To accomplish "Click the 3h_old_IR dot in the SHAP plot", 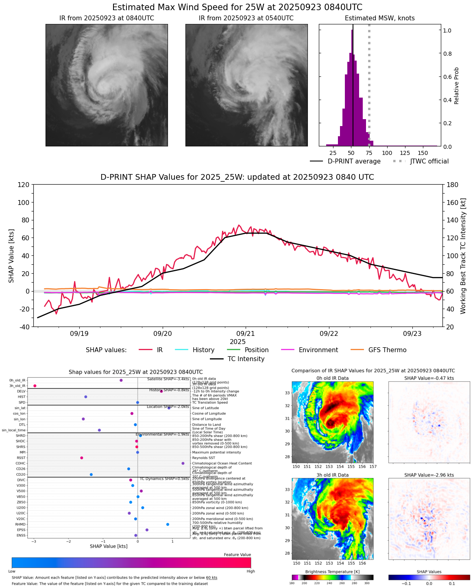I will [35, 385].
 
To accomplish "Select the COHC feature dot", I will [183, 463].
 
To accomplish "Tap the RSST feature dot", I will [81, 458].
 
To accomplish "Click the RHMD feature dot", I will [168, 524].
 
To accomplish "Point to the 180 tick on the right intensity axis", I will [452, 185].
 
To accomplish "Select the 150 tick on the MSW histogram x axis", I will [423, 153].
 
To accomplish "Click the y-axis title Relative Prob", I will [456, 85].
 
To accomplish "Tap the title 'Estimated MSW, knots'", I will [379, 18].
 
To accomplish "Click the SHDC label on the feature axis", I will [20, 441].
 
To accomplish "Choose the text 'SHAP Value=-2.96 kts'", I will [429, 475].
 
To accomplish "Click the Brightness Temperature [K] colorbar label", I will [332, 572].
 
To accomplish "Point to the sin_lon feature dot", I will [83, 419].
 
